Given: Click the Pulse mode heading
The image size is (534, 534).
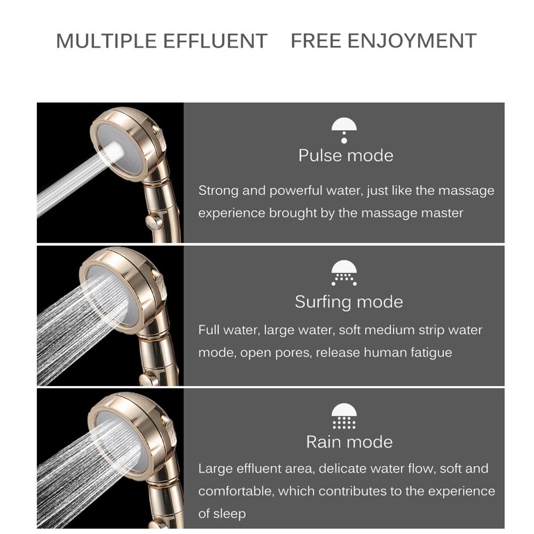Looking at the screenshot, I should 346,156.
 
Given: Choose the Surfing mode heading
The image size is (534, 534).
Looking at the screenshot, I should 348,302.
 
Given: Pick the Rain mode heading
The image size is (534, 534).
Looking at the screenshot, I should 349,442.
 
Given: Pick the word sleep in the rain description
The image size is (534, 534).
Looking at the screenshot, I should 230,514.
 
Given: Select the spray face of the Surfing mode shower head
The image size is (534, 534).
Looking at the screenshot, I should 109,296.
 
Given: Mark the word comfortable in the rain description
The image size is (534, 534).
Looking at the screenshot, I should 236,491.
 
